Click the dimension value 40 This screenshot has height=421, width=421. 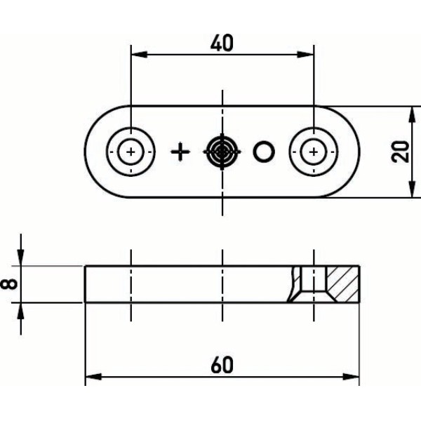click(x=222, y=44)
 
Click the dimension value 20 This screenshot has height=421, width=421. click(x=401, y=151)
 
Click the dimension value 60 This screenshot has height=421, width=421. click(x=221, y=365)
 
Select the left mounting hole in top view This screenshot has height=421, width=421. click(x=131, y=152)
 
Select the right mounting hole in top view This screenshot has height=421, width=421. click(x=312, y=152)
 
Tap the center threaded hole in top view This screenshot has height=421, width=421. click(x=222, y=151)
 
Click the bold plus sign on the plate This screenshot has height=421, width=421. click(x=180, y=152)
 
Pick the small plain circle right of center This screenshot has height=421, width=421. click(x=265, y=151)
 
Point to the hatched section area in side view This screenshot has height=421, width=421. click(x=344, y=283)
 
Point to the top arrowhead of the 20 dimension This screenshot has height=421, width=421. click(x=411, y=112)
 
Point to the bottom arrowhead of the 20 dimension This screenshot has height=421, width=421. click(x=411, y=191)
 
